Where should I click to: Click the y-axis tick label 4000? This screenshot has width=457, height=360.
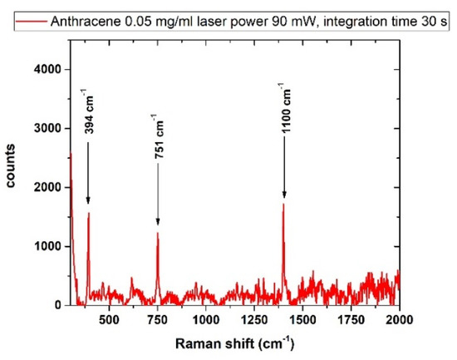(x=47, y=71)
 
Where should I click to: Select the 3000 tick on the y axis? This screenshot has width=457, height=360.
(x=47, y=130)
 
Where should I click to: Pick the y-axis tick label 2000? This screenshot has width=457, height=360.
(x=47, y=189)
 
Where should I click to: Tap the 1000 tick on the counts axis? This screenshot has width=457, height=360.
(x=47, y=247)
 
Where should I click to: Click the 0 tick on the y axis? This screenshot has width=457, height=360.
(x=57, y=306)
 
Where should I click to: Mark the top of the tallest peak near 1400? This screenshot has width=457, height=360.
(x=283, y=205)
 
